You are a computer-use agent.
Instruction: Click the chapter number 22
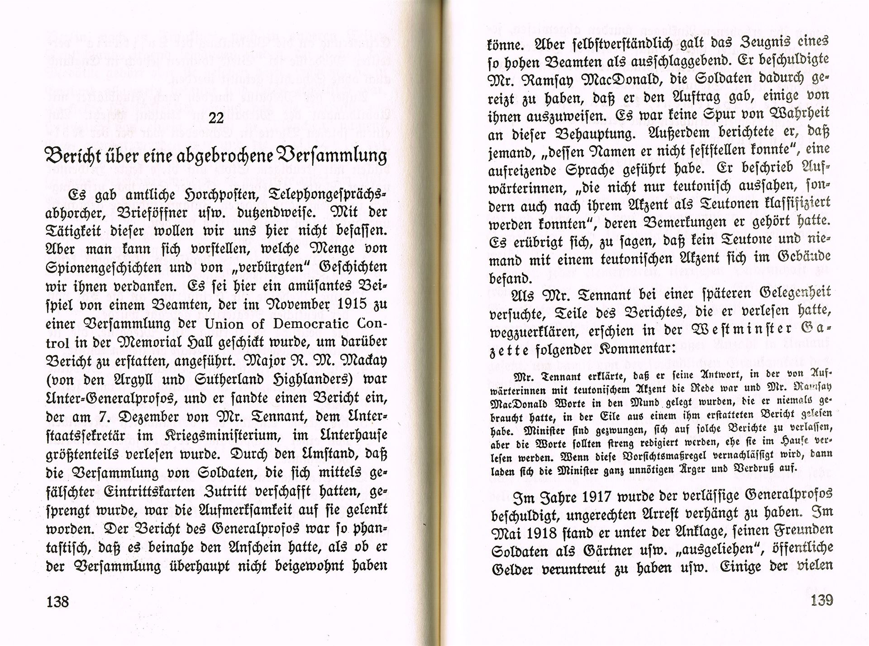click(x=216, y=118)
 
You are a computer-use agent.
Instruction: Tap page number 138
click(x=57, y=602)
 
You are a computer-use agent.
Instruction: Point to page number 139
click(x=822, y=600)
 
